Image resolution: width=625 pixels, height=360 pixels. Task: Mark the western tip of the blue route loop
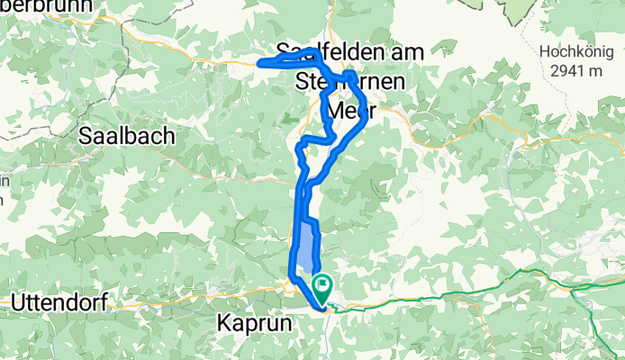[x=260, y=63]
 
